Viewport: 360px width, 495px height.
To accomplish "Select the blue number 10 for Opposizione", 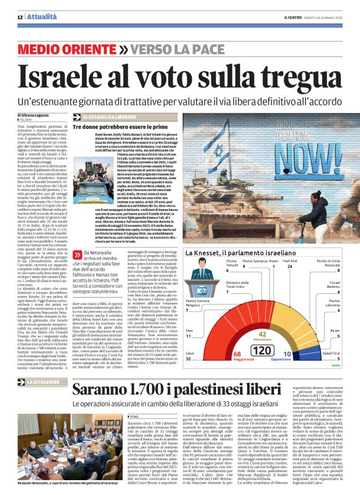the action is point(286,352).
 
